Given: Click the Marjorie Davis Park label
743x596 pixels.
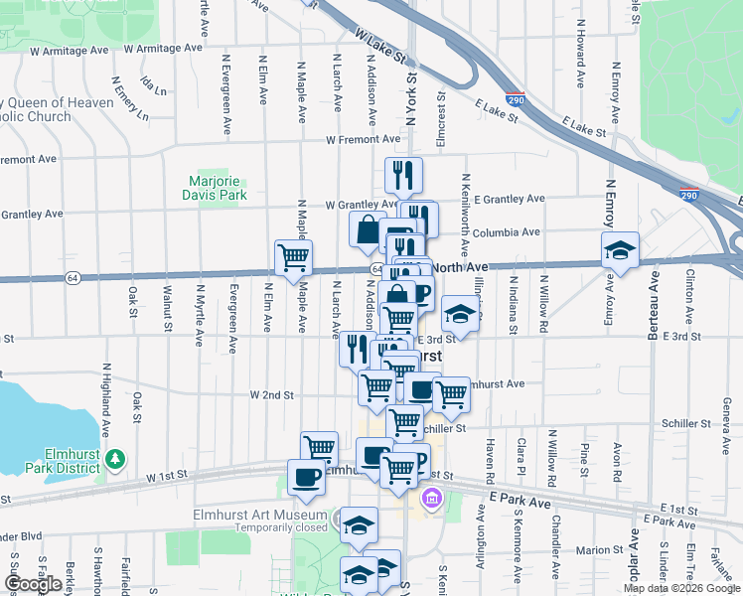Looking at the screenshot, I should coord(218,189).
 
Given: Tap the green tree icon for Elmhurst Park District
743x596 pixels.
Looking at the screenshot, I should coord(117,458).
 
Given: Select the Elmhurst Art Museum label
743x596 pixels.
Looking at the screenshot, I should coord(259,515).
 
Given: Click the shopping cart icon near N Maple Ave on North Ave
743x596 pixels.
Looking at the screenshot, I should coord(293,258).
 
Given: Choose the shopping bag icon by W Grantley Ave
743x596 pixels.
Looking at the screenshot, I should coord(368,229).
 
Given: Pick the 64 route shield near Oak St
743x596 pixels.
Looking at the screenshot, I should coord(74,276).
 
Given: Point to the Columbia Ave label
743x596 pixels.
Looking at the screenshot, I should coord(506,232).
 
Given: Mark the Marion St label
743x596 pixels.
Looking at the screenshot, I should coord(598,549).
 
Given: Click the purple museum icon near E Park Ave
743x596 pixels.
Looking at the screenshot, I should coord(431,497).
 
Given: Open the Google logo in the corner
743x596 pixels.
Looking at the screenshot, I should coord(33,584).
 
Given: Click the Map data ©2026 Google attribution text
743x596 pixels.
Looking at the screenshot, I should coord(681,588).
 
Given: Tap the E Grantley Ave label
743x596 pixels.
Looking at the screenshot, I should coord(509,199).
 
